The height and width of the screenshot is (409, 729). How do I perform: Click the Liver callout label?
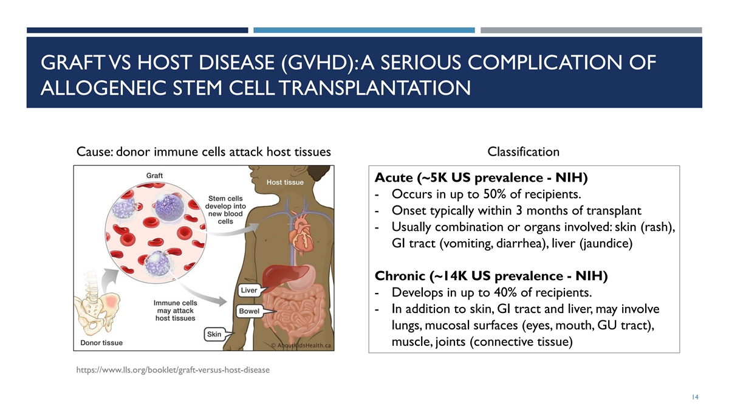[249, 290]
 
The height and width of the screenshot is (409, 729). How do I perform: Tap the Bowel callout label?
[249, 311]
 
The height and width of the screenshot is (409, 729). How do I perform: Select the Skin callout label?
[214, 334]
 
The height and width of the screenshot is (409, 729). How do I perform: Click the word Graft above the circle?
[154, 176]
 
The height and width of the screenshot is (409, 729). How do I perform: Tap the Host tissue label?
[285, 182]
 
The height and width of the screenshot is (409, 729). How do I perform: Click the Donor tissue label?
[101, 343]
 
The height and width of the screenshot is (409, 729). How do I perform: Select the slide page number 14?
[695, 397]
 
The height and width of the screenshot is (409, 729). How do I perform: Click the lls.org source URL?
[173, 370]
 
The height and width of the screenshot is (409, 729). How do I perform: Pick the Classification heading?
[523, 152]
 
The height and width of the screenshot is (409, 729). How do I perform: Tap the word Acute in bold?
[394, 177]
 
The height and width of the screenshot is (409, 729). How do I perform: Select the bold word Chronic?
[400, 276]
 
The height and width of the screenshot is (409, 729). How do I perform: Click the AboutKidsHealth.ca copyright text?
[301, 346]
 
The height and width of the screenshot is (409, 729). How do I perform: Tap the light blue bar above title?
[364, 30]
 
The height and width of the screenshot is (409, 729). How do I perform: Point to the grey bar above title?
[591, 30]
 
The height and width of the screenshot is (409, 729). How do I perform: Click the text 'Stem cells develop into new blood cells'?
[225, 210]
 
